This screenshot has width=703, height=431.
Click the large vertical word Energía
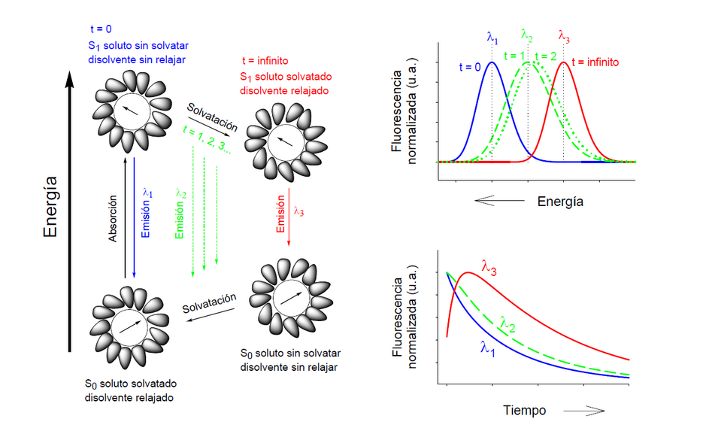pyautogui.click(x=50, y=207)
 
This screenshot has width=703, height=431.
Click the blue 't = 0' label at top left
pyautogui.click(x=101, y=29)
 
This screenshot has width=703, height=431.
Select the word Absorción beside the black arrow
pyautogui.click(x=114, y=217)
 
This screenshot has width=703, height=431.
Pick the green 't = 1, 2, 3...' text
pyautogui.click(x=207, y=138)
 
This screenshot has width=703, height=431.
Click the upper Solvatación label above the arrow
pyautogui.click(x=212, y=117)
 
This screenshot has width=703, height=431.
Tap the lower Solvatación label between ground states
pyautogui.click(x=209, y=304)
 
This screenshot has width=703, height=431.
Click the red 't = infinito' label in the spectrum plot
pyautogui.click(x=595, y=62)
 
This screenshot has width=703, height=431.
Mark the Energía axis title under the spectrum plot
pyautogui.click(x=560, y=202)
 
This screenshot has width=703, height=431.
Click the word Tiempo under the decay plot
pyautogui.click(x=524, y=411)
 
